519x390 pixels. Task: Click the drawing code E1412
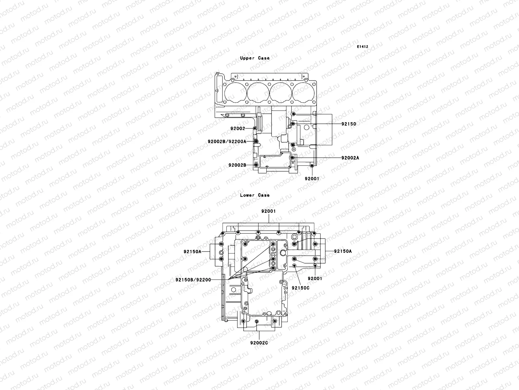[362, 47]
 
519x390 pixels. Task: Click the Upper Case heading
[255, 58]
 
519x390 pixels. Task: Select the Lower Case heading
[255, 195]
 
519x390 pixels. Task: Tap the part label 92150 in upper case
[348, 124]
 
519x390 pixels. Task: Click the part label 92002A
[350, 158]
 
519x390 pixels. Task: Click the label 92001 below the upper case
[312, 178]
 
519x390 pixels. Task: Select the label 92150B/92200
[193, 279]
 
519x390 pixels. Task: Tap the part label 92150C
[301, 288]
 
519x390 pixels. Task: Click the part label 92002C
[259, 343]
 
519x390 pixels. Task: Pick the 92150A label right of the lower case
[343, 251]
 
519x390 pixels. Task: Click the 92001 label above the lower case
[268, 211]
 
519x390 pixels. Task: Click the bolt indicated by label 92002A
[292, 158]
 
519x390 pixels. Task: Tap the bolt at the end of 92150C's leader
[294, 266]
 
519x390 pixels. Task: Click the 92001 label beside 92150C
[315, 279]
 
